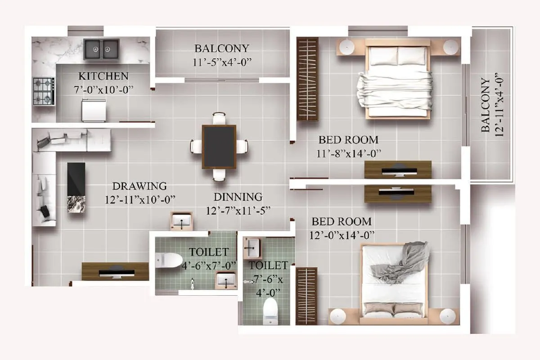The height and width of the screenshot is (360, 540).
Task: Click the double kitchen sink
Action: click(101, 49)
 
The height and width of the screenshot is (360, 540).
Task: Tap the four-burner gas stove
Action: click(44, 92)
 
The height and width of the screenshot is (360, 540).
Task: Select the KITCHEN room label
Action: click(103, 76)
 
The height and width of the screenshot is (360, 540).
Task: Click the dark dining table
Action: click(219, 147)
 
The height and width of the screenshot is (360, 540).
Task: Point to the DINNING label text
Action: click(238, 197)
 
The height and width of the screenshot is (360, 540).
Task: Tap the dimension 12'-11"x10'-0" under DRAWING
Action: click(139, 199)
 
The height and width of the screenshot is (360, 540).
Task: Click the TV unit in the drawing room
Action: click(115, 272)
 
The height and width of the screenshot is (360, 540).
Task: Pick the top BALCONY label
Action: click(221, 48)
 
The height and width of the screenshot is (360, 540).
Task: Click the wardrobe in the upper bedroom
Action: click(308, 79)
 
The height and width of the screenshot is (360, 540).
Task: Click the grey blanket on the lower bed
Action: click(400, 261)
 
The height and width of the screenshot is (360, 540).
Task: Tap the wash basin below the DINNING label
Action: click(182, 221)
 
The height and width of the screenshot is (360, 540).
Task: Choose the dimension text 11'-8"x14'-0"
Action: click(349, 153)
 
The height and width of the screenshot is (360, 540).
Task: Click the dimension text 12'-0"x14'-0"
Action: click(342, 235)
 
